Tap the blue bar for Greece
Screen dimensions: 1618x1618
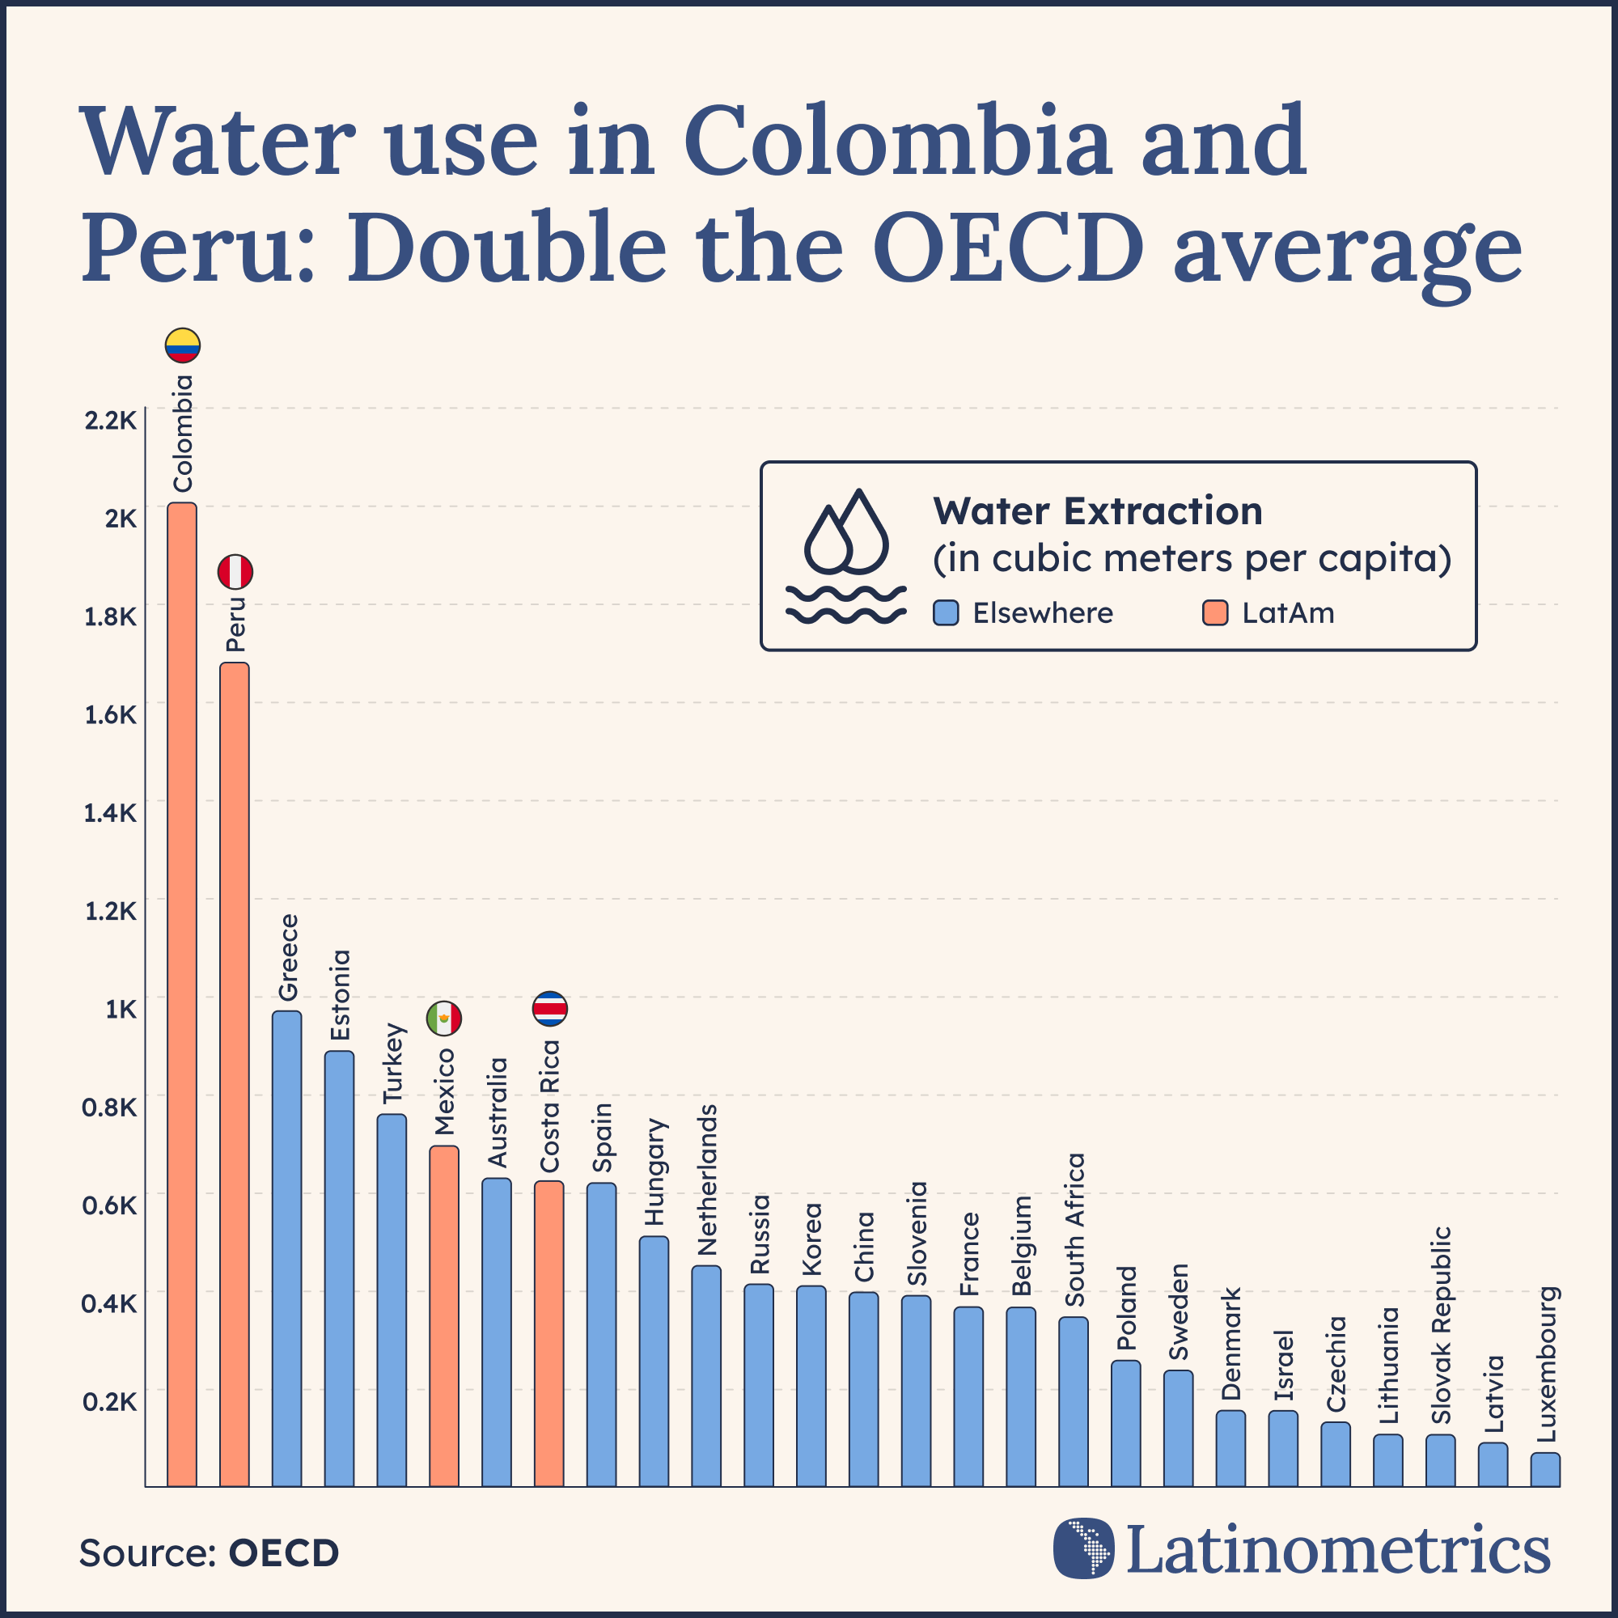coord(287,1247)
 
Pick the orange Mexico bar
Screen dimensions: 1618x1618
coord(444,1315)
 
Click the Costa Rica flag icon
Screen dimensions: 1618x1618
coord(550,1008)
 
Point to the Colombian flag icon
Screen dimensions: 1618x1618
coord(182,345)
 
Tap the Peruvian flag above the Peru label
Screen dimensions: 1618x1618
coord(235,572)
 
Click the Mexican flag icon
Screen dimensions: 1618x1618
coord(444,1019)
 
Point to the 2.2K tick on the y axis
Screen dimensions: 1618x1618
coord(110,421)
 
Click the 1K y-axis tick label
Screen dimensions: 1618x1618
coord(121,1009)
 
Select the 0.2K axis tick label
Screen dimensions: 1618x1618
coord(110,1401)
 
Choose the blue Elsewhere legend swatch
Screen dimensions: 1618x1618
coord(946,613)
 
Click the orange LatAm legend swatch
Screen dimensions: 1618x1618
coord(1214,613)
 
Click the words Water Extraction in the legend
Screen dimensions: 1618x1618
coord(1097,510)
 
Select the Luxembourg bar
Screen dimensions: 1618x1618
coord(1545,1471)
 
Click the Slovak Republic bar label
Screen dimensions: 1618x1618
coord(1441,1325)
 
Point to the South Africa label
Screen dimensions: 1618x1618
coord(1074,1230)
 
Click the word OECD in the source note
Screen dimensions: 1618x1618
coord(284,1552)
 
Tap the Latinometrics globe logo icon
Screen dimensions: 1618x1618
coord(1084,1548)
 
